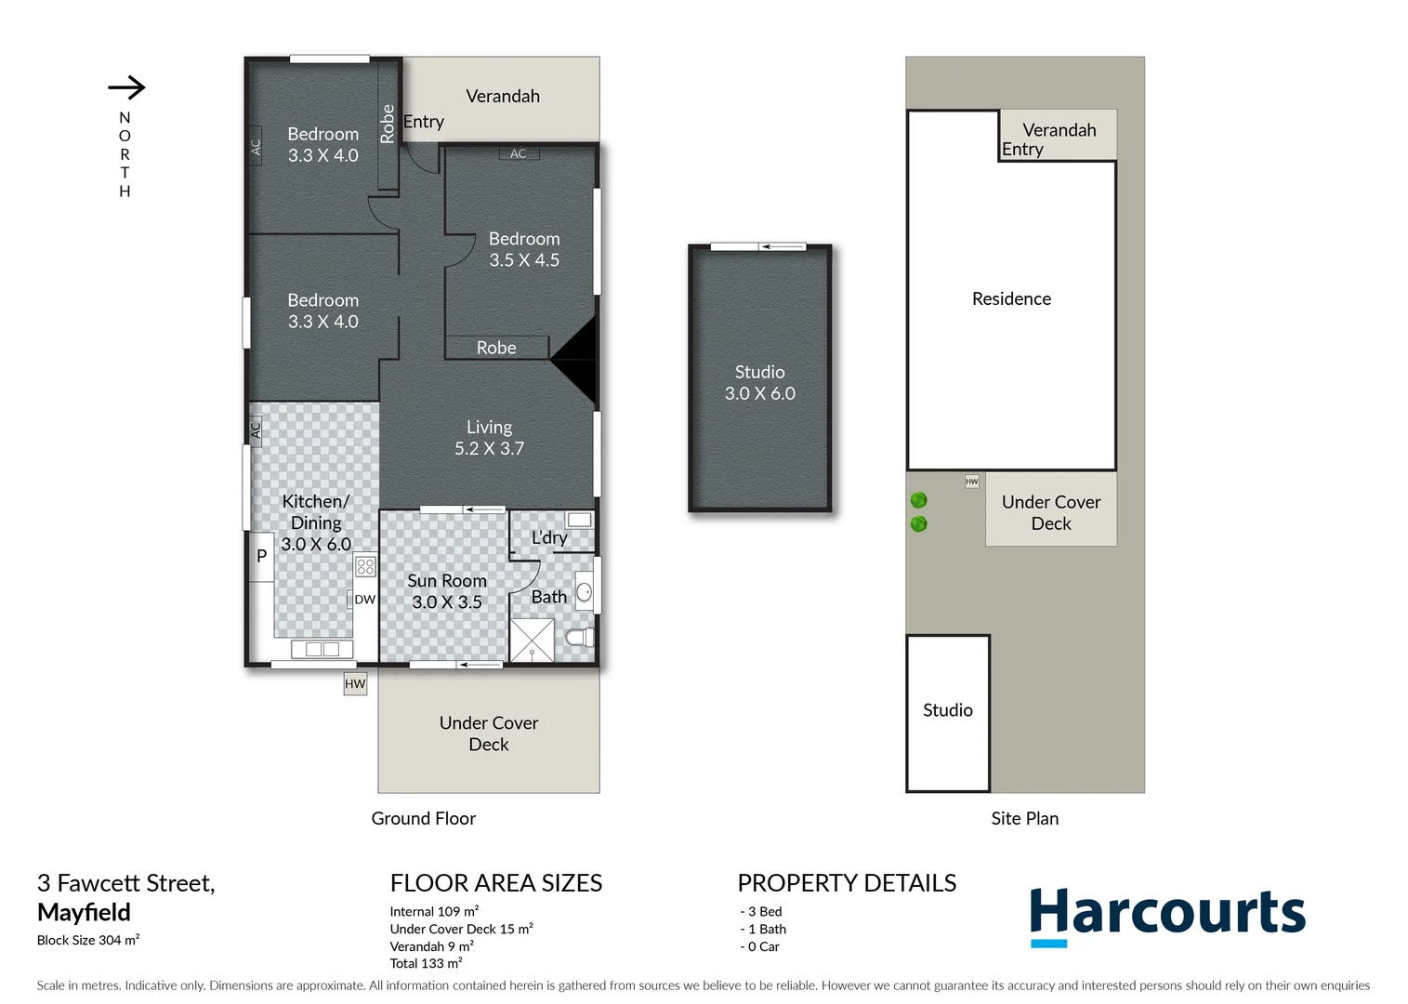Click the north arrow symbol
pos(127,87)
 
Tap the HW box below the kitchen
pos(355,684)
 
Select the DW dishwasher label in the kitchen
pos(364,600)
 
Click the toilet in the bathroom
pos(579,638)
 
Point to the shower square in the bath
pos(533,640)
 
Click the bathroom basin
pos(584,591)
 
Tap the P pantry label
pos(261,556)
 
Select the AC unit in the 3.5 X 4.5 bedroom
pos(519,153)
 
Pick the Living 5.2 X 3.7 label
pos(489,438)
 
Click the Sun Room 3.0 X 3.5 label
pos(447,591)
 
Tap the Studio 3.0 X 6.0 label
pos(759,383)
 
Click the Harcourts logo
pos(1167,915)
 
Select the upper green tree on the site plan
pos(919,500)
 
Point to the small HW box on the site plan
pos(972,482)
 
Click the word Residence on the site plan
pos(1011,298)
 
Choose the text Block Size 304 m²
pos(88,940)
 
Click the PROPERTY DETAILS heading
pos(847,883)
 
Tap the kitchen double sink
pos(322,649)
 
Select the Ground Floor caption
pos(423,818)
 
